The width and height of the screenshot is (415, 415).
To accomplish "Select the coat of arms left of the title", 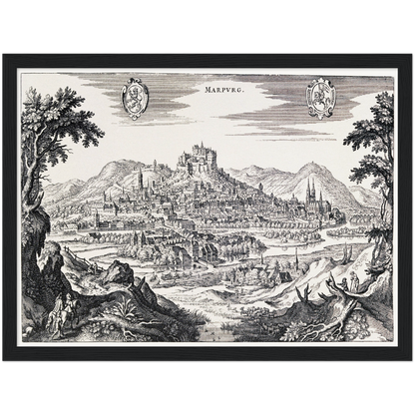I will pos(135,98).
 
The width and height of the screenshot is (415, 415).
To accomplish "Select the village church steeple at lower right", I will pos(296,261).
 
